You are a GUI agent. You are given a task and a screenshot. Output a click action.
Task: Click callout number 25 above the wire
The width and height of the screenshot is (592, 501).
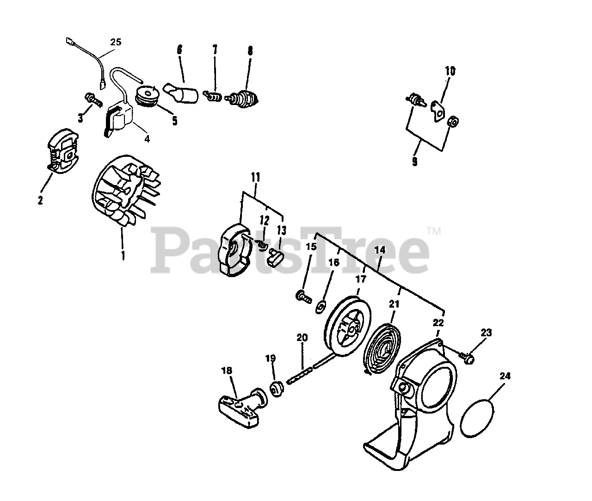[116, 42]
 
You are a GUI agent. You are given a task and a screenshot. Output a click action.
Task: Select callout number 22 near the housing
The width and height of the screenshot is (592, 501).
[438, 323]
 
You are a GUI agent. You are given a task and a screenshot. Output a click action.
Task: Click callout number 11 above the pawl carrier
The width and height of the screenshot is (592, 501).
[255, 178]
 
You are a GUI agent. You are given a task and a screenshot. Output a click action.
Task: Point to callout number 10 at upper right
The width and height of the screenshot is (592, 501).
[450, 71]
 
